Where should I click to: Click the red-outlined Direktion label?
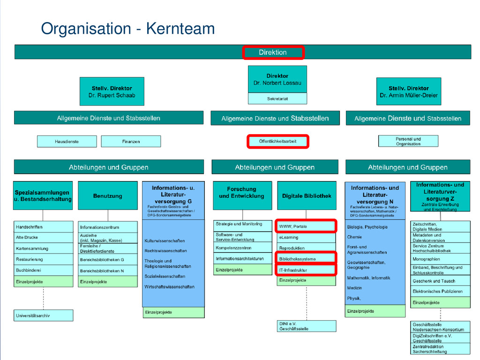(273, 52)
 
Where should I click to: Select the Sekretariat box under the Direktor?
(277, 99)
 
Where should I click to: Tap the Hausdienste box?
(67, 142)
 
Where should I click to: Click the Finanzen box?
(131, 142)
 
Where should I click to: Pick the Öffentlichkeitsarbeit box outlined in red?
(277, 141)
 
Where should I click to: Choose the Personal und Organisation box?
(408, 141)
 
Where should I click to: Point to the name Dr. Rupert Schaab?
(112, 95)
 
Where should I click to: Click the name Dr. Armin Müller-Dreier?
(408, 95)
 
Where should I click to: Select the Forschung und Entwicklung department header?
(242, 193)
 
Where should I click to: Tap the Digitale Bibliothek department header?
(307, 196)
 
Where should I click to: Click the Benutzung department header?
(107, 196)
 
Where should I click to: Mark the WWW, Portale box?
(306, 226)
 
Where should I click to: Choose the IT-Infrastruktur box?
(306, 270)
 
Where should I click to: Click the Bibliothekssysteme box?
(306, 259)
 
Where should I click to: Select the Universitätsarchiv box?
(43, 315)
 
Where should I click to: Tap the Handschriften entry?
(43, 227)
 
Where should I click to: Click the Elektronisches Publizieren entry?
(440, 292)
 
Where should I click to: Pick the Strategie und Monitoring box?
(242, 224)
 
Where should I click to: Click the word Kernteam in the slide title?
(180, 29)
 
